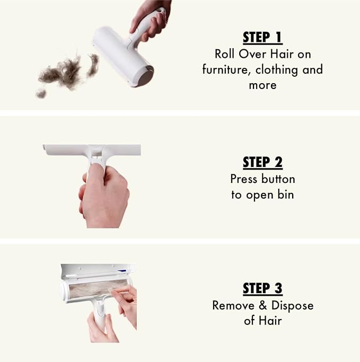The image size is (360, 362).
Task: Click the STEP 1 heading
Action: click(262, 38)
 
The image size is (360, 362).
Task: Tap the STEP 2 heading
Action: click(262, 163)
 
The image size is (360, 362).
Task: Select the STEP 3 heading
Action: click(262, 288)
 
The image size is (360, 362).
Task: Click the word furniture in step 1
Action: click(226, 69)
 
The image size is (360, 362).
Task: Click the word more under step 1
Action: click(262, 85)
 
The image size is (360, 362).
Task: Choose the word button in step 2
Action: click(278, 179)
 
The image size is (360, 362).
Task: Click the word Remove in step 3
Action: click(233, 305)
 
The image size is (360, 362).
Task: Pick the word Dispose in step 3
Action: click(292, 306)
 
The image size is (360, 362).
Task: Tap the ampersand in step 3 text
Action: click(262, 305)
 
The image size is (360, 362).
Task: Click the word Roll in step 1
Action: click(224, 54)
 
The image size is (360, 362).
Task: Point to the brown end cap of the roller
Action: click(147, 76)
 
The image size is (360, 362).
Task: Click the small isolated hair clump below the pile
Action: click(41, 93)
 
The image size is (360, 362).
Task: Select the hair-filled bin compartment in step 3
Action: click(98, 288)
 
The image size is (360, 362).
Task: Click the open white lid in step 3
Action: click(98, 271)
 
